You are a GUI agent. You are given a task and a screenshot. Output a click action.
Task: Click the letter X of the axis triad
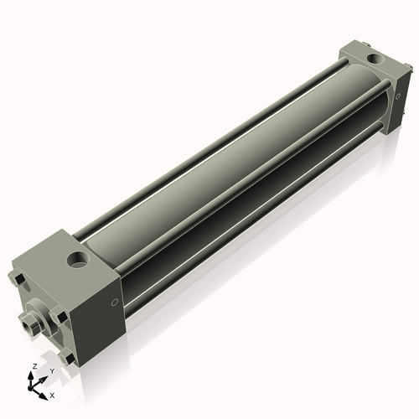coord(53,394)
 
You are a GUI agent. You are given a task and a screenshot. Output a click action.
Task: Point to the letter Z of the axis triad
coord(33,366)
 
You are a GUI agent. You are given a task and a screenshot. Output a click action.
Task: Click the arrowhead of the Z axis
coord(33,375)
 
